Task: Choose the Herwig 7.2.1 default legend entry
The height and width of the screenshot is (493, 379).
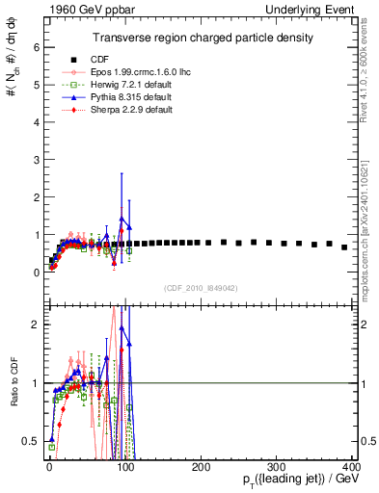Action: click(x=137, y=85)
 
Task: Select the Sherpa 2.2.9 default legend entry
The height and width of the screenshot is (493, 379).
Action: click(x=137, y=110)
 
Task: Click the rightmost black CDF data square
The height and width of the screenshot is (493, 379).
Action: click(x=344, y=247)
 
